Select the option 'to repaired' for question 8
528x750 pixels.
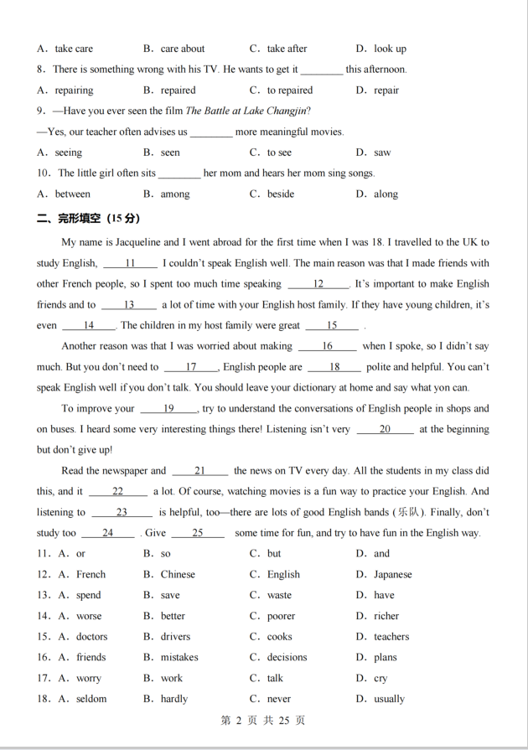289,91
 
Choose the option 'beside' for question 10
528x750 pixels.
281,194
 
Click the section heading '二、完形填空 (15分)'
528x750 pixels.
88,218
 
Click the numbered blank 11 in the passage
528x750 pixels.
130,263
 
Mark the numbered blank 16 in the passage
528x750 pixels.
327,346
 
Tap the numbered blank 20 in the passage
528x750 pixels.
385,429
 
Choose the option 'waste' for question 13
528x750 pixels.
280,596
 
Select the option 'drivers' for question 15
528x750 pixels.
175,637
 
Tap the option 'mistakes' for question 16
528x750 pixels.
179,658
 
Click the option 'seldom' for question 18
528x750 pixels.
91,699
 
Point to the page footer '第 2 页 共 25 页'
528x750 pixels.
263,721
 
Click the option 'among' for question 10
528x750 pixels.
175,194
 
